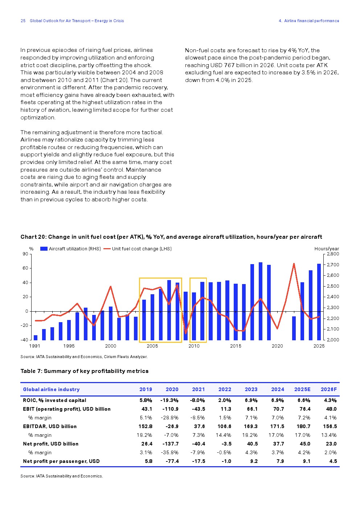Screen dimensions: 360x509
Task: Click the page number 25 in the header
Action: point(23,21)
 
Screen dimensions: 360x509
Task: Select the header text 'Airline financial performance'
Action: point(311,21)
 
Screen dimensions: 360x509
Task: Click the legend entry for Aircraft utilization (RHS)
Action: point(70,249)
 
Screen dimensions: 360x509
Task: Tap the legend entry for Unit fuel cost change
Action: point(138,249)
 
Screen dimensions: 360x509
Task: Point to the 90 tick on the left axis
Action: point(25,254)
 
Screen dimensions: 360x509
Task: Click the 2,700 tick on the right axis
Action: point(333,265)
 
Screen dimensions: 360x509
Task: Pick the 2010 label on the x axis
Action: point(194,346)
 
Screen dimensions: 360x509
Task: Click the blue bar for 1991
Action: point(36,338)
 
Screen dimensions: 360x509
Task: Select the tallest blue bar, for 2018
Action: point(261,301)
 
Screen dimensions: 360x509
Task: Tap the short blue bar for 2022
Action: point(294,328)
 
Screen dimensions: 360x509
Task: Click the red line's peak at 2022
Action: point(294,264)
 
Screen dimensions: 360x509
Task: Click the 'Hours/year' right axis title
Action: point(327,249)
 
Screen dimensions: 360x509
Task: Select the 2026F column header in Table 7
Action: point(329,389)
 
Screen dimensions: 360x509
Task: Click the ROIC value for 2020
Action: point(169,400)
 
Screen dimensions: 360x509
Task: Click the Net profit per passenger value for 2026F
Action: point(333,461)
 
